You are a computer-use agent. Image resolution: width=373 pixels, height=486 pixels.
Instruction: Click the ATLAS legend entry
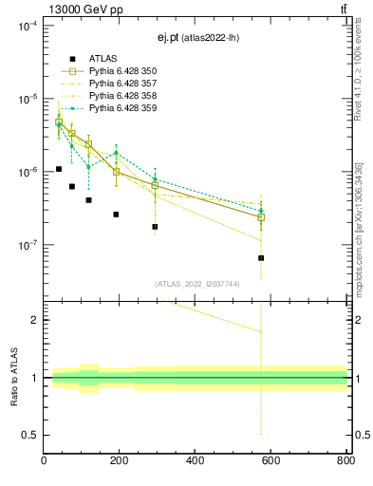103,59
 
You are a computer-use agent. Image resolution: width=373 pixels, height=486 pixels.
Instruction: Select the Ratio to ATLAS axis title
14,377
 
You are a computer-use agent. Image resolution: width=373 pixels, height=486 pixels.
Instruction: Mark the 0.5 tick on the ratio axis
30,435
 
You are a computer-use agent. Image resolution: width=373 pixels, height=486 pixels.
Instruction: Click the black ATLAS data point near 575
261,257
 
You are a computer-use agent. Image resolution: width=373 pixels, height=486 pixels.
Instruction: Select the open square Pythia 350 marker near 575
261,217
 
